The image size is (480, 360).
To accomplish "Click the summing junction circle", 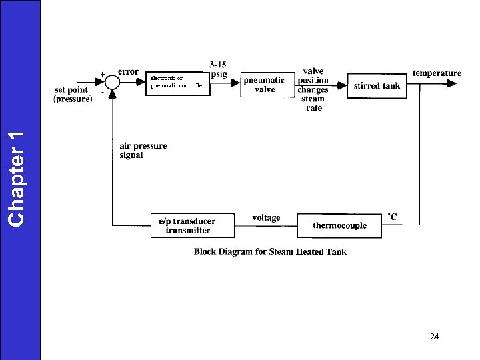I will click(113, 83).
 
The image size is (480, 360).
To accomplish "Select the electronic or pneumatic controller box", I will click(177, 83).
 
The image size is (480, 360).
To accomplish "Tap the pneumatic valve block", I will click(264, 85).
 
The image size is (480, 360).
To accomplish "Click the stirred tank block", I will click(377, 85).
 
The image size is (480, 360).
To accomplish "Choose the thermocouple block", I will click(340, 226).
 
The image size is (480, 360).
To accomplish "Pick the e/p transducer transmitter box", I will click(193, 225).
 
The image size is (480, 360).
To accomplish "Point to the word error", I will click(128, 71).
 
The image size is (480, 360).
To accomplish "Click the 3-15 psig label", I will click(217, 69).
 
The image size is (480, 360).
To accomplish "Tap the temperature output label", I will click(437, 73).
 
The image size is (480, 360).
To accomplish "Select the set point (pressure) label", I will click(73, 94).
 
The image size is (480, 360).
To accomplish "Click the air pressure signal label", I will click(143, 150).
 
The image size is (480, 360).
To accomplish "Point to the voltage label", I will click(266, 217).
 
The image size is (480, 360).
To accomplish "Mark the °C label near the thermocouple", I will click(393, 217).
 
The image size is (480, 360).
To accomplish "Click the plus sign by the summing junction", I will click(102, 73).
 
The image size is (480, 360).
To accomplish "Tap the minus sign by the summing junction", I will click(102, 93).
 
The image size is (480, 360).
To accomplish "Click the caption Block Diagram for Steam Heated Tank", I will click(270, 251).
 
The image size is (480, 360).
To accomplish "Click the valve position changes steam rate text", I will click(313, 89).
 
